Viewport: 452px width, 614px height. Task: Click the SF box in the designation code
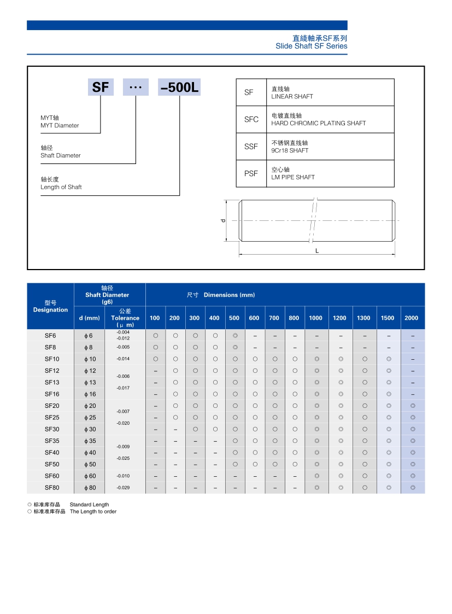click(101, 87)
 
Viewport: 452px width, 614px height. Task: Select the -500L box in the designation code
click(180, 87)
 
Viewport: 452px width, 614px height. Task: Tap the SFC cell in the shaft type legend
click(251, 119)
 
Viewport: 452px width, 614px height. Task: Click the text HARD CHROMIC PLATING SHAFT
click(318, 123)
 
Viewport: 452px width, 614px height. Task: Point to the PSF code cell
click(251, 174)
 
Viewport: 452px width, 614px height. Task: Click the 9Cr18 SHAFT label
click(290, 150)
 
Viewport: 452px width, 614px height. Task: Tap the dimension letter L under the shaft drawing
click(317, 250)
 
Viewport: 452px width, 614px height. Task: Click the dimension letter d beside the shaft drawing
click(223, 220)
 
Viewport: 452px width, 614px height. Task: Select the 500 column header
click(234, 318)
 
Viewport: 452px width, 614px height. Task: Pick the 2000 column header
click(412, 318)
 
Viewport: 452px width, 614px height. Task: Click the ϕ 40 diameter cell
click(90, 453)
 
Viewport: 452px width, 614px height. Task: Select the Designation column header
click(50, 309)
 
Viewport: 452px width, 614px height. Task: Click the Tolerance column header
click(125, 318)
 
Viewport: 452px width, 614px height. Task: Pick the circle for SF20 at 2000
click(413, 406)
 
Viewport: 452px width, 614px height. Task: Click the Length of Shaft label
click(61, 187)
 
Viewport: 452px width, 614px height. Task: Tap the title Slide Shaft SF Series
click(311, 46)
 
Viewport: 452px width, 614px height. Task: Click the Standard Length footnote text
click(89, 505)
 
